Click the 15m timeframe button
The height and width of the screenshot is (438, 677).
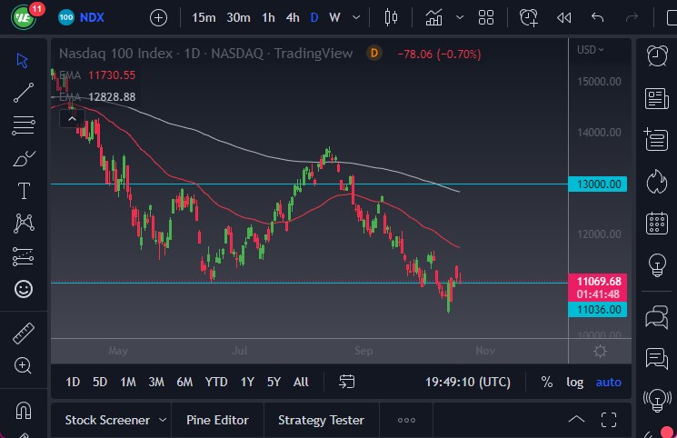[x=204, y=17]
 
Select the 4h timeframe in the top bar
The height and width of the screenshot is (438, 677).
[x=292, y=17]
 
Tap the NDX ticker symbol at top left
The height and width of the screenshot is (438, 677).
[x=92, y=17]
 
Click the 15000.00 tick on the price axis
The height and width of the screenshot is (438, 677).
[x=599, y=82]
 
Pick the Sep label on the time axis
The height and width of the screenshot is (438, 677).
[x=363, y=350]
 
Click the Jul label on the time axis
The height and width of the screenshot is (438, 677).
[x=240, y=350]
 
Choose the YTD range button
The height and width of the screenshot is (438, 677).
[x=216, y=382]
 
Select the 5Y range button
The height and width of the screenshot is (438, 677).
[x=274, y=382]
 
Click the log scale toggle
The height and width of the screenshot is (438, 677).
[x=574, y=382]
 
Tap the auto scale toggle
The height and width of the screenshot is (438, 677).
[x=609, y=382]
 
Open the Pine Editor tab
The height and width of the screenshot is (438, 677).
[x=217, y=420]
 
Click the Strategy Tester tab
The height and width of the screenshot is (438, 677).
[x=321, y=420]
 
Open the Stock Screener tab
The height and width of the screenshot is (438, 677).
[x=107, y=420]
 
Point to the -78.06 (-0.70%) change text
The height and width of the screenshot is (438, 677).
[x=439, y=54]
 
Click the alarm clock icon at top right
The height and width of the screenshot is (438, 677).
[x=656, y=55]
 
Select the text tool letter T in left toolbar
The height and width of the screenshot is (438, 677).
[x=24, y=191]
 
